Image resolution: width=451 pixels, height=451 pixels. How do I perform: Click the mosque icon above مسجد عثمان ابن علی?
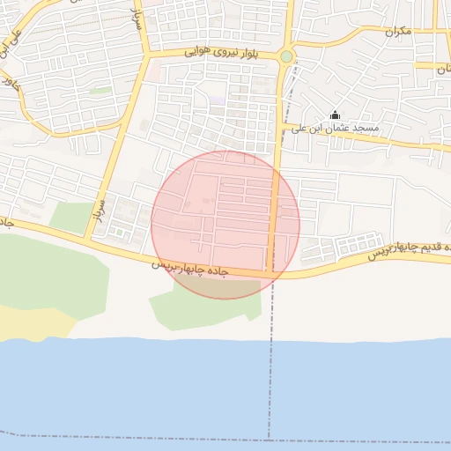pyautogui.click(x=334, y=115)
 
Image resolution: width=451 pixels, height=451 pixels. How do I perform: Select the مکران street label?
pyautogui.click(x=397, y=32)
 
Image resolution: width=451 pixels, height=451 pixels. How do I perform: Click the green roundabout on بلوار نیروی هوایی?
pyautogui.click(x=285, y=57)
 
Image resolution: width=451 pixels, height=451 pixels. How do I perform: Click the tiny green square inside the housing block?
pyautogui.click(x=119, y=232)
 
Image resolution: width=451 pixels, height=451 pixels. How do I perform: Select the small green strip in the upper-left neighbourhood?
pyautogui.click(x=100, y=90)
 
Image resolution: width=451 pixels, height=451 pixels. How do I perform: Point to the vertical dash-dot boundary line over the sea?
pyautogui.click(x=269, y=388)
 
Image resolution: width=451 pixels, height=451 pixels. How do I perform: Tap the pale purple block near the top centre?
pyautogui.click(x=218, y=100)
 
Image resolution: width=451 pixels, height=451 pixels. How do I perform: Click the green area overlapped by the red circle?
pyautogui.click(x=207, y=291)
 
